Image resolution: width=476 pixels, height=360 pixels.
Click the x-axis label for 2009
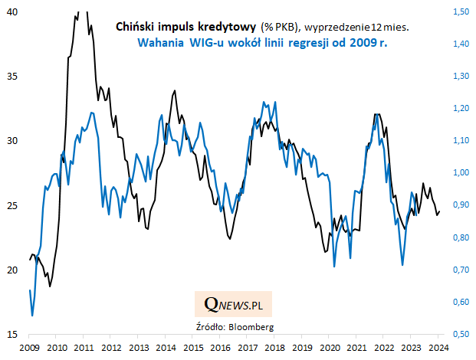coord(29,349)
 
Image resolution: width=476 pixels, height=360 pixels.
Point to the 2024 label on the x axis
coord(440,349)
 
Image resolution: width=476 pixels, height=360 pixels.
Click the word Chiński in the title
coord(134,26)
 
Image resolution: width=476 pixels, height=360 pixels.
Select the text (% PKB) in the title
coord(281,26)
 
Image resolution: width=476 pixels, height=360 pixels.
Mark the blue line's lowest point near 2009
coord(32,315)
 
